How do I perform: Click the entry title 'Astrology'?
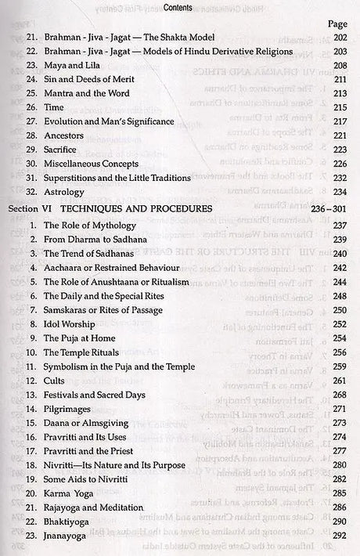point(68,191)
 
